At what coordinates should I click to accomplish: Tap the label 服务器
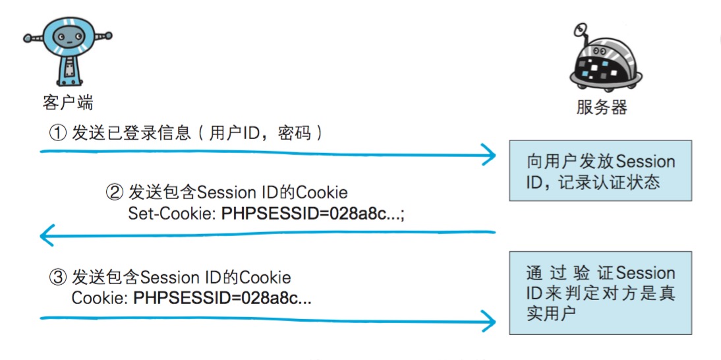click(601, 107)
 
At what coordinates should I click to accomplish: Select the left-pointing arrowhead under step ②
click(46, 233)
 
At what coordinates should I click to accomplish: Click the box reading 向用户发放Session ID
click(600, 170)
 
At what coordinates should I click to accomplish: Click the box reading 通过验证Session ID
click(600, 293)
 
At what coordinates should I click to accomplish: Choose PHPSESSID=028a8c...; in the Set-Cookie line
click(312, 214)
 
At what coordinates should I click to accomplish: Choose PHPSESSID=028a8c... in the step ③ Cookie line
click(223, 298)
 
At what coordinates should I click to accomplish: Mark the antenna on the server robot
click(580, 30)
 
